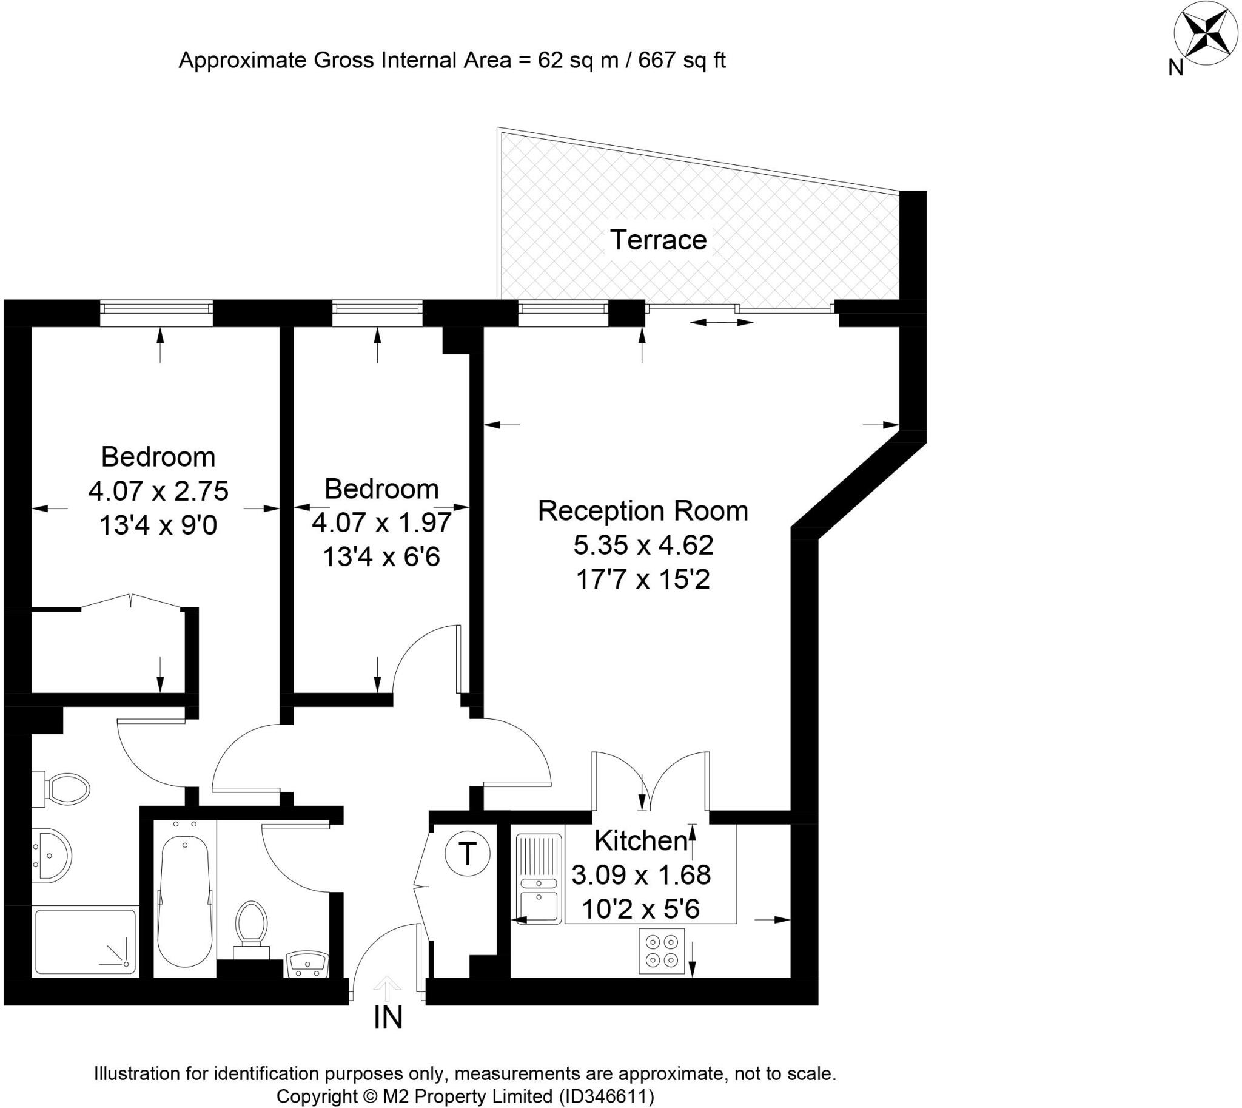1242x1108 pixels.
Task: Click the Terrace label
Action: point(658,240)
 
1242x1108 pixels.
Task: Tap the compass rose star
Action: point(1197,41)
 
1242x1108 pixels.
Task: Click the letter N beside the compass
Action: point(1176,68)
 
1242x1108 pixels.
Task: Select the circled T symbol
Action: point(467,854)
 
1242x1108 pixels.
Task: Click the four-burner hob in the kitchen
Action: point(662,950)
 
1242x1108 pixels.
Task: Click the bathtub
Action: point(184,900)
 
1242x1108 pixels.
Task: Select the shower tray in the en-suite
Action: point(85,941)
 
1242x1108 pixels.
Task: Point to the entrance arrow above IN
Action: point(385,984)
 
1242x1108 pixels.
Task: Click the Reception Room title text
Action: point(643,511)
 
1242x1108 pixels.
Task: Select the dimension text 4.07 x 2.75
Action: point(158,491)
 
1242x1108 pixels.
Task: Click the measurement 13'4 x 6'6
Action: point(381,556)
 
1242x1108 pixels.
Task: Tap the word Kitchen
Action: point(641,841)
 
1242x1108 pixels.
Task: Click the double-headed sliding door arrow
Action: point(722,322)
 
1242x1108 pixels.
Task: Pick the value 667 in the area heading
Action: point(657,60)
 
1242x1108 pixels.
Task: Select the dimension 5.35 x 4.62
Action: point(643,545)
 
